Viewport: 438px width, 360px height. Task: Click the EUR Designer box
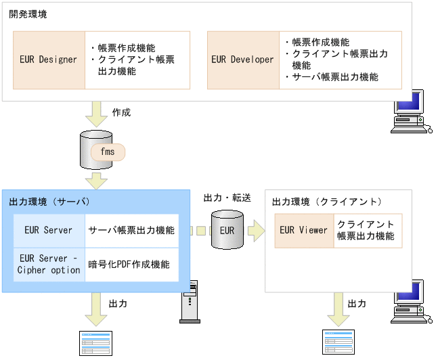[49, 60]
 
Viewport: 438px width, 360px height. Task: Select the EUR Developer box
[242, 60]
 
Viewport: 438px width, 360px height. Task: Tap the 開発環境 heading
[28, 14]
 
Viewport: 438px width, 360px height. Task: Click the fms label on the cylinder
[108, 152]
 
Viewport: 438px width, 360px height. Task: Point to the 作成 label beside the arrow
[121, 112]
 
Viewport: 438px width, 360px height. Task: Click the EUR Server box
[48, 230]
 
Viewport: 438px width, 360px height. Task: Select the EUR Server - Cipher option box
[48, 265]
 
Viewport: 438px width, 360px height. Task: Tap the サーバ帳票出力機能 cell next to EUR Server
[131, 230]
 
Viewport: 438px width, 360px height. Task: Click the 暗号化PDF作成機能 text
[129, 265]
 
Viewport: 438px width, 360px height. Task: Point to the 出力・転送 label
[227, 198]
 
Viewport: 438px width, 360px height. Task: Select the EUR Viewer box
[303, 230]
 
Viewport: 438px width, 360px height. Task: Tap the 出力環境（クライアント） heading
[327, 202]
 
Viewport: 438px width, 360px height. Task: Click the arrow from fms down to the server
[97, 180]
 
